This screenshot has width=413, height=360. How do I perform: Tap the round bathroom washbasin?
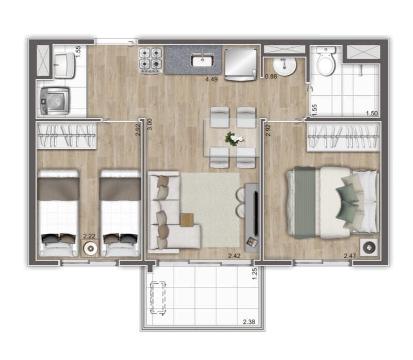pos(284,66)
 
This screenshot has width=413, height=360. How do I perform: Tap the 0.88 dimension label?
pos(271,77)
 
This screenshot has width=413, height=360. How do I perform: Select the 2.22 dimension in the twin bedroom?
pos(89,236)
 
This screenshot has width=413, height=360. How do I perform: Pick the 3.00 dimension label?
pos(148,127)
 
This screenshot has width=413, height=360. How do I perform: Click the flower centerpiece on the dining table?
pos(235,138)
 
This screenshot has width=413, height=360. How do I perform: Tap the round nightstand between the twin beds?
pos(91,249)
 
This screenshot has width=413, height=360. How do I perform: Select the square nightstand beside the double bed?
pos(369,247)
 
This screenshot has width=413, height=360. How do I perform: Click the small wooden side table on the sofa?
pos(186,219)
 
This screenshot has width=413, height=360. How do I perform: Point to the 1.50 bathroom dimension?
pos(371,113)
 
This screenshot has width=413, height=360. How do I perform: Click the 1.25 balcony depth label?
pos(254,274)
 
